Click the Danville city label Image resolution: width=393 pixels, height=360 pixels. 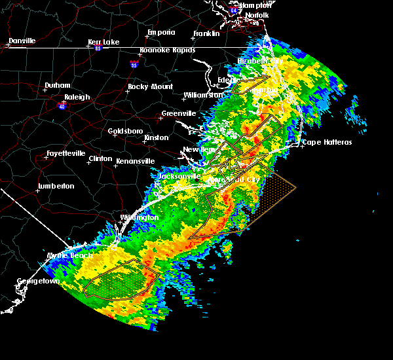(22, 41)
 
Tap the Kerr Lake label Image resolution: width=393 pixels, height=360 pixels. (103, 43)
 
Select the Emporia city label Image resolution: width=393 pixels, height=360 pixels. (161, 32)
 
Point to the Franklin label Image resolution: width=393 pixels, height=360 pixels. (206, 34)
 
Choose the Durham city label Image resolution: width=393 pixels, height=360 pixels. (57, 86)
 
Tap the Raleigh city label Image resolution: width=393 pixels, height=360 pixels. (77, 98)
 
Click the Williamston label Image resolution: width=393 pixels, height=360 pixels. (203, 95)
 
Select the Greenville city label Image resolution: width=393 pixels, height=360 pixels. (179, 113)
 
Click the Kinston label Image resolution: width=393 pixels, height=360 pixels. (157, 137)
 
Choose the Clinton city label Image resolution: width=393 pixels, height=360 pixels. (100, 158)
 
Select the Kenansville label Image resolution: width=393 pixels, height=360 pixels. (136, 160)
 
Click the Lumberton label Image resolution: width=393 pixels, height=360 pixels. (56, 186)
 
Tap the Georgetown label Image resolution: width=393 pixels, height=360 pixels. (38, 281)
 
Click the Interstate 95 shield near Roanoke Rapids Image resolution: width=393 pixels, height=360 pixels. (134, 64)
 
